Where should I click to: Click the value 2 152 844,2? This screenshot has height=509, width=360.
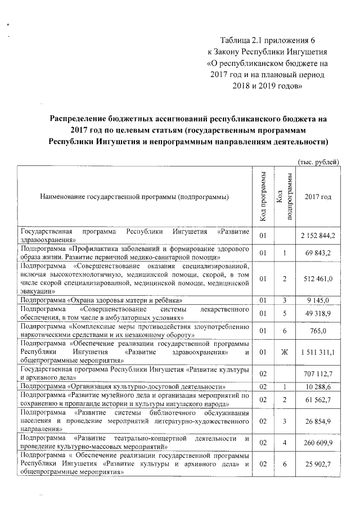318,235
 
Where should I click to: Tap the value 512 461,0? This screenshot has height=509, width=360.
318,278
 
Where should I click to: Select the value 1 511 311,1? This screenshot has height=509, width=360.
318,352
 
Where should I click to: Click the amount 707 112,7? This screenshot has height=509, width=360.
319,373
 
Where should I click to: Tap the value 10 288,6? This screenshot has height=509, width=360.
319,388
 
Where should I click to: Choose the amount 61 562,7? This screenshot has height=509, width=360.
319,399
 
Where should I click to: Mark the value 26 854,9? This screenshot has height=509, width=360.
319,421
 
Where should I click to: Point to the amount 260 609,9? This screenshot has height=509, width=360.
318,443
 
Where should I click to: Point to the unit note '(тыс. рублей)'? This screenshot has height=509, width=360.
318,161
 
